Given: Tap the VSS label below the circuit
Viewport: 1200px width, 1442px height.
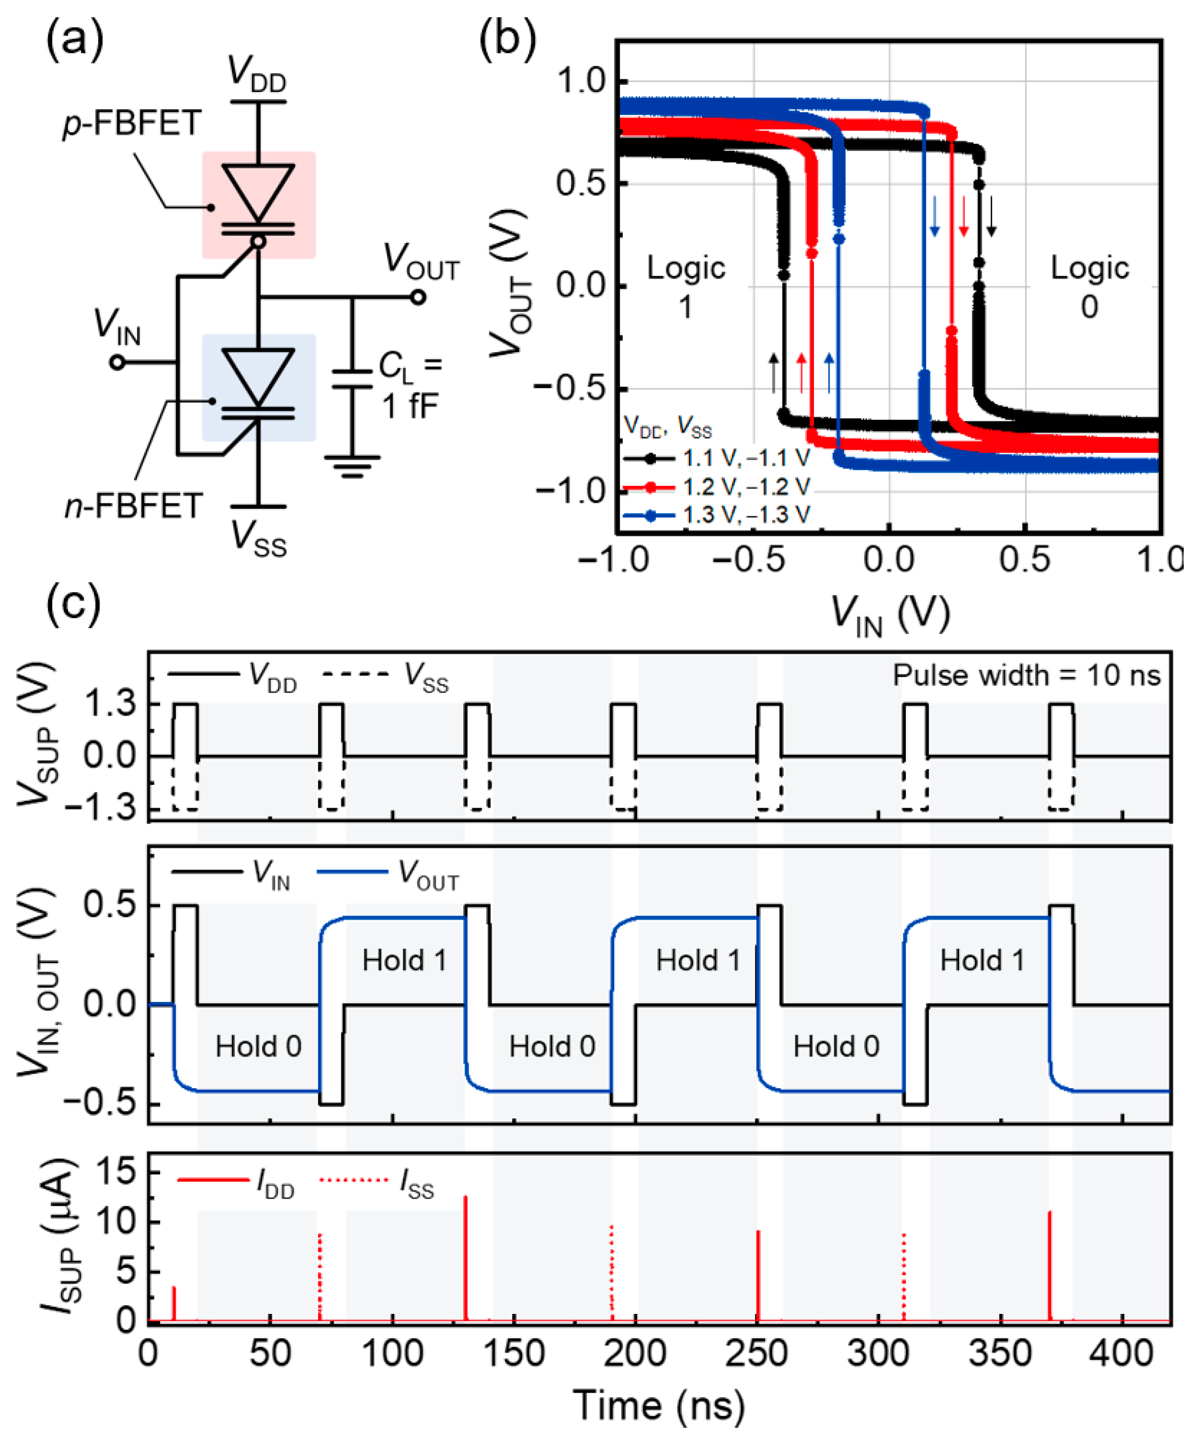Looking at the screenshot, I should (259, 539).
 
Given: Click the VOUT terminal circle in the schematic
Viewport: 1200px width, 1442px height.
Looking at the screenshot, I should (418, 297).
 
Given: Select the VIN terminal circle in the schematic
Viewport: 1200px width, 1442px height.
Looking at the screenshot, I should (117, 362).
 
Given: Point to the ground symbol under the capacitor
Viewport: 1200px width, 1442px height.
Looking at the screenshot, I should (352, 466).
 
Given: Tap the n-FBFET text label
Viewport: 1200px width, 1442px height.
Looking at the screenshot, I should (134, 506).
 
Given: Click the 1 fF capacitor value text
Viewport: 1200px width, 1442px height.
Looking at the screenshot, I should (410, 407).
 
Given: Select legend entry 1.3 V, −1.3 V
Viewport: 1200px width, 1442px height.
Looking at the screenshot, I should (745, 515).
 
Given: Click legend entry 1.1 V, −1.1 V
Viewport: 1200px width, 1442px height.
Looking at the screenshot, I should (745, 458).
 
